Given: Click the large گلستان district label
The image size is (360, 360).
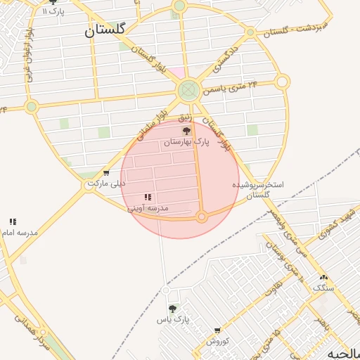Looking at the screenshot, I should (105, 30).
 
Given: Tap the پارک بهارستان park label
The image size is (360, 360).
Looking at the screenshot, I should (186, 142).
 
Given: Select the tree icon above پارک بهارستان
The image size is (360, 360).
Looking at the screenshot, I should (186, 131).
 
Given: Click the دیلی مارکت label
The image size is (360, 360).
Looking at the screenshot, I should (105, 184).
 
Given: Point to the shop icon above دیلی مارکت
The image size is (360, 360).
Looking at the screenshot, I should (106, 173).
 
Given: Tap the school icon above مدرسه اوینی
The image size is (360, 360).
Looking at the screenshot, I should (148, 198).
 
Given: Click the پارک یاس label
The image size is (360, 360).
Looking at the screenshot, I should (173, 320).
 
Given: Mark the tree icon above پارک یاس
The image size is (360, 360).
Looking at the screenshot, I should (173, 308).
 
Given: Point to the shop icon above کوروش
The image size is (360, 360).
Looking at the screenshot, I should (217, 330).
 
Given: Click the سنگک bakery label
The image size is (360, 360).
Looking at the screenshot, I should (324, 288).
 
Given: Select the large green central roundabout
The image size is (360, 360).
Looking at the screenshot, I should (188, 90).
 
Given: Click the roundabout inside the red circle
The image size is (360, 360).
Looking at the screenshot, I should (202, 217).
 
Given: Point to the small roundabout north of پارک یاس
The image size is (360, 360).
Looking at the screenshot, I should (167, 290).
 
